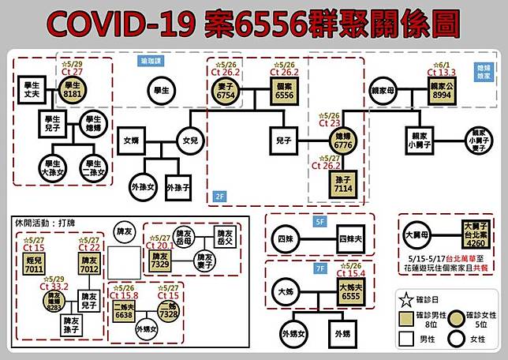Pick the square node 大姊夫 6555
pos(349,288)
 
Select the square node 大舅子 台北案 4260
pos(475,235)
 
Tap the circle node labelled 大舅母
pos(417,235)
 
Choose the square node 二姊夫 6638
pos(124,310)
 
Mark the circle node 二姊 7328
pos(166,310)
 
